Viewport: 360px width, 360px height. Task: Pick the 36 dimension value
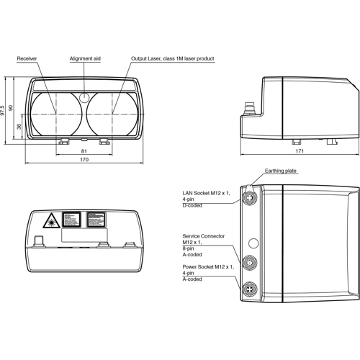pyautogui.click(x=19, y=127)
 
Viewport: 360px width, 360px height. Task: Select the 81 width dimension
pyautogui.click(x=84, y=150)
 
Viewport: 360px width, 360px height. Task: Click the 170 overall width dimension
pyautogui.click(x=84, y=160)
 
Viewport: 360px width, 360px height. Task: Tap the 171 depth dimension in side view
pyautogui.click(x=299, y=150)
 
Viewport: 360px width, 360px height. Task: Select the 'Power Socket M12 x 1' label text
pyautogui.click(x=208, y=266)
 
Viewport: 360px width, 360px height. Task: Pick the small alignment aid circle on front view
pyautogui.click(x=85, y=96)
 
